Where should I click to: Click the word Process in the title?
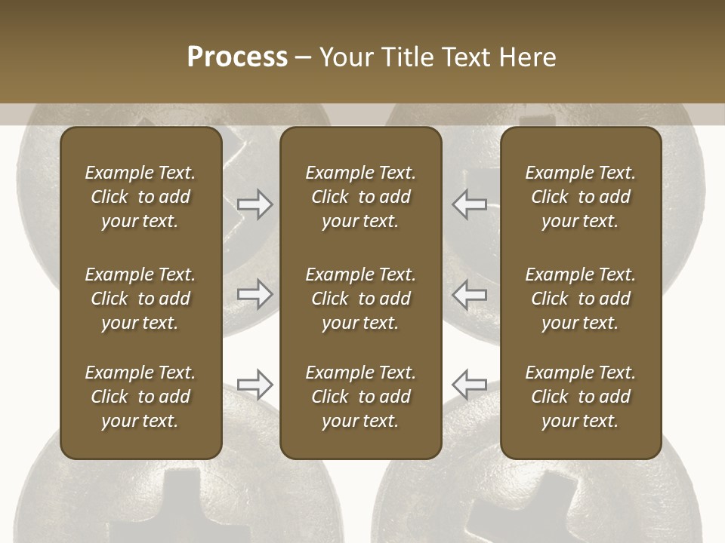tap(237, 57)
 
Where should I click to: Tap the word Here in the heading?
tap(526, 57)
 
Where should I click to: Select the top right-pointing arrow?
tap(255, 204)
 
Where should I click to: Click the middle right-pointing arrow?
tap(255, 293)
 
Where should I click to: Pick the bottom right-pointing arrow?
tap(255, 385)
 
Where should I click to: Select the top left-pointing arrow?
tap(469, 204)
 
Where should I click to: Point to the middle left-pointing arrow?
tap(469, 293)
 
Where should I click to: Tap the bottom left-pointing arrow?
tap(469, 385)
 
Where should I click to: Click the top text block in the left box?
tap(140, 197)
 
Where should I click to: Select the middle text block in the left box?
tap(140, 299)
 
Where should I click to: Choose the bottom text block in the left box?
tap(140, 397)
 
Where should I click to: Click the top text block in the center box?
tap(360, 197)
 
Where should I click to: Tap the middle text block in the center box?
tap(360, 299)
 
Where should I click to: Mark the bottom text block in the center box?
tap(360, 397)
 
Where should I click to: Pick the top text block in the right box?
tap(580, 197)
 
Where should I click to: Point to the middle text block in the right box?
tap(580, 299)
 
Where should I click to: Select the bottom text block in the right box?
tap(580, 397)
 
